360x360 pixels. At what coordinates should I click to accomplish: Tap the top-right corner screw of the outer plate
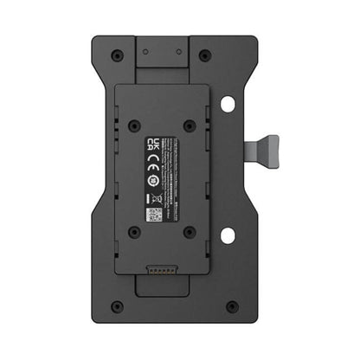click(x=205, y=55)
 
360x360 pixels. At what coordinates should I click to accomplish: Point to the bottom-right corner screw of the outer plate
click(x=231, y=305)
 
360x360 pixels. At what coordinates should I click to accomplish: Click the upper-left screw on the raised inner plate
click(x=134, y=126)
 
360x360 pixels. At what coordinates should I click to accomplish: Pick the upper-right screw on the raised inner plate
click(x=189, y=126)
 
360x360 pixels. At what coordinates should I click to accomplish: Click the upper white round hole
click(x=228, y=104)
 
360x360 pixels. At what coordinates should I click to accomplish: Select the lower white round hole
click(x=228, y=235)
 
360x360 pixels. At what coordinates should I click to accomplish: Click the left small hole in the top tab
click(x=149, y=51)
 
